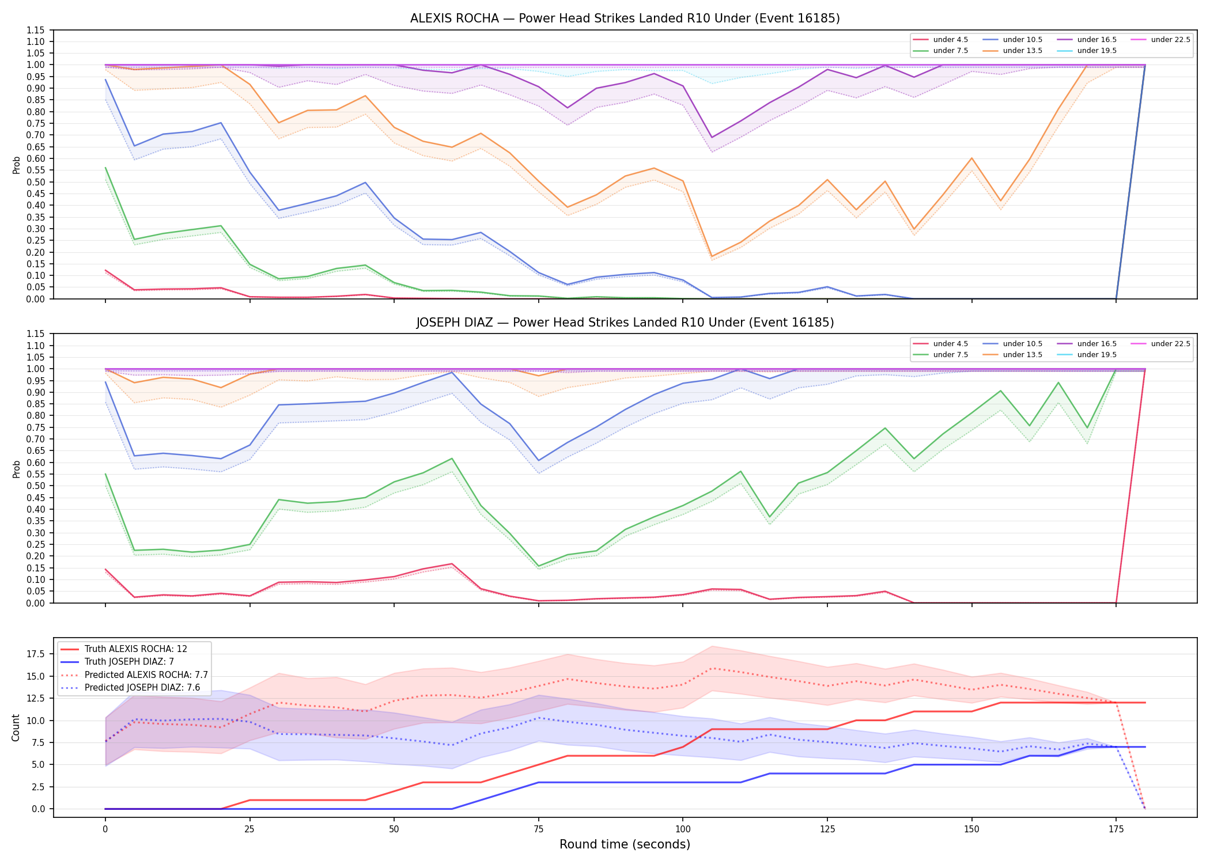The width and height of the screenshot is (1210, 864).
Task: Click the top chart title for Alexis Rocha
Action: pyautogui.click(x=625, y=18)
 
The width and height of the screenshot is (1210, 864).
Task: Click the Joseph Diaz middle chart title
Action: pyautogui.click(x=625, y=323)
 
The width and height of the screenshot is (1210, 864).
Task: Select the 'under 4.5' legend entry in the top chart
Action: pyautogui.click(x=941, y=40)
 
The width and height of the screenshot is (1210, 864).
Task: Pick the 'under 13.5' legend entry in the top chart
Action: pyautogui.click(x=1013, y=51)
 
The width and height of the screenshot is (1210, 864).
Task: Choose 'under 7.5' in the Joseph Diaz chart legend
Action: pyautogui.click(x=941, y=355)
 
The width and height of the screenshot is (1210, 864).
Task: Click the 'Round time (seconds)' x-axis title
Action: pyautogui.click(x=625, y=844)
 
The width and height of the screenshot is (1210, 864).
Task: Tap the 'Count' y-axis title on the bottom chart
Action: pyautogui.click(x=16, y=727)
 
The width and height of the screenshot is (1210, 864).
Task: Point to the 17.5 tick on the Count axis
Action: pyautogui.click(x=38, y=654)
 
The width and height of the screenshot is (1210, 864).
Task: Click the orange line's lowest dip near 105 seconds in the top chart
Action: pyautogui.click(x=712, y=257)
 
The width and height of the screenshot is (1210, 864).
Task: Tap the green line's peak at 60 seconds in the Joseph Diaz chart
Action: pyautogui.click(x=452, y=458)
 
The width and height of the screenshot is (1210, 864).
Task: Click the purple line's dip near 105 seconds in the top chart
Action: pyautogui.click(x=712, y=138)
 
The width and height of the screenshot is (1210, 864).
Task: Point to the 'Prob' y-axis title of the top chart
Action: pyautogui.click(x=16, y=165)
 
